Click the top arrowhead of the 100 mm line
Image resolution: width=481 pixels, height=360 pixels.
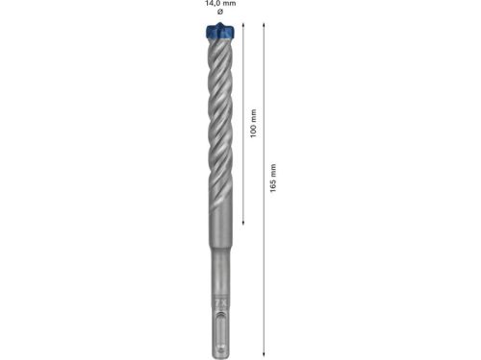click(243, 26)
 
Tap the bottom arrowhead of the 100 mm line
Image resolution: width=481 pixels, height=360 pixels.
click(243, 224)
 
